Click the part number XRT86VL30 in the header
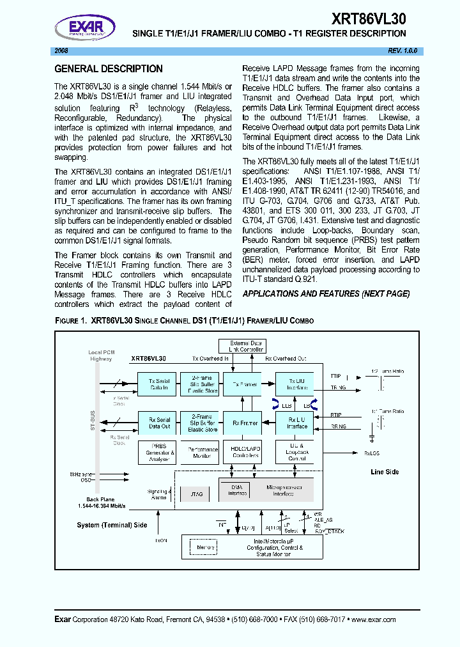(x=369, y=18)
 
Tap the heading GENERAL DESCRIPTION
(x=109, y=69)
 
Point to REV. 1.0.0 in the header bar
(x=402, y=51)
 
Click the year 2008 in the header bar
(x=62, y=51)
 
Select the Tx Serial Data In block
(x=158, y=384)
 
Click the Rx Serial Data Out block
(x=158, y=423)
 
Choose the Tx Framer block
(x=244, y=384)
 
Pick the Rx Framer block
(x=244, y=423)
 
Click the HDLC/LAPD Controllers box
(x=245, y=452)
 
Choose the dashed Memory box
(x=206, y=547)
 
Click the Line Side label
(x=385, y=472)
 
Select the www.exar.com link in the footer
(x=373, y=620)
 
